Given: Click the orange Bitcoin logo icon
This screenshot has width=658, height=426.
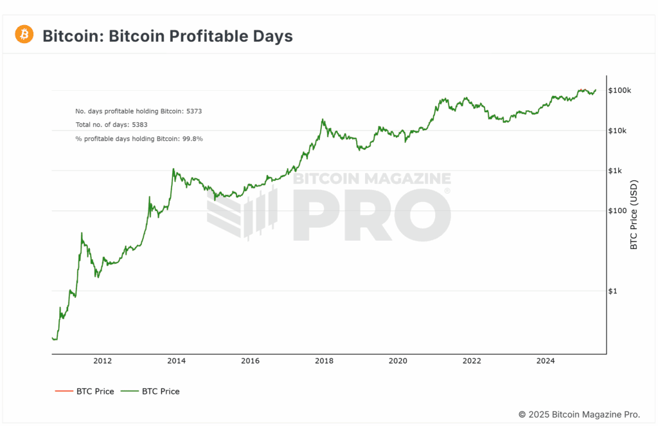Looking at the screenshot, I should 24,34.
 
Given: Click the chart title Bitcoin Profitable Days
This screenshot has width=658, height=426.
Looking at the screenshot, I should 167,36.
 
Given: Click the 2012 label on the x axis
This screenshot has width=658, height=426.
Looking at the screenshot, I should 103,360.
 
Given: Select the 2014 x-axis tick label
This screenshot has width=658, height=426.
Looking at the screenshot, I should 176,360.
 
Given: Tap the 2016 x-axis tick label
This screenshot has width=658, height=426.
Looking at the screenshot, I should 250,360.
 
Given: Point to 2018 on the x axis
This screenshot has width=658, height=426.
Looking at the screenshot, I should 324,360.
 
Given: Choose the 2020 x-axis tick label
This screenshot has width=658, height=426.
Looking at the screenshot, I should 398,360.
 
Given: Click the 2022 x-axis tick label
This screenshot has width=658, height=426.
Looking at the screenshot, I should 472,360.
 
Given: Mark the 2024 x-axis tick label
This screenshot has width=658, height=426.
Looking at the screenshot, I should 546,360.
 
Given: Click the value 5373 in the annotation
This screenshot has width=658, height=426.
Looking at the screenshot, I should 194,111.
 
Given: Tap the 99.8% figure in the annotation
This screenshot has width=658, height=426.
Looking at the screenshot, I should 192,138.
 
